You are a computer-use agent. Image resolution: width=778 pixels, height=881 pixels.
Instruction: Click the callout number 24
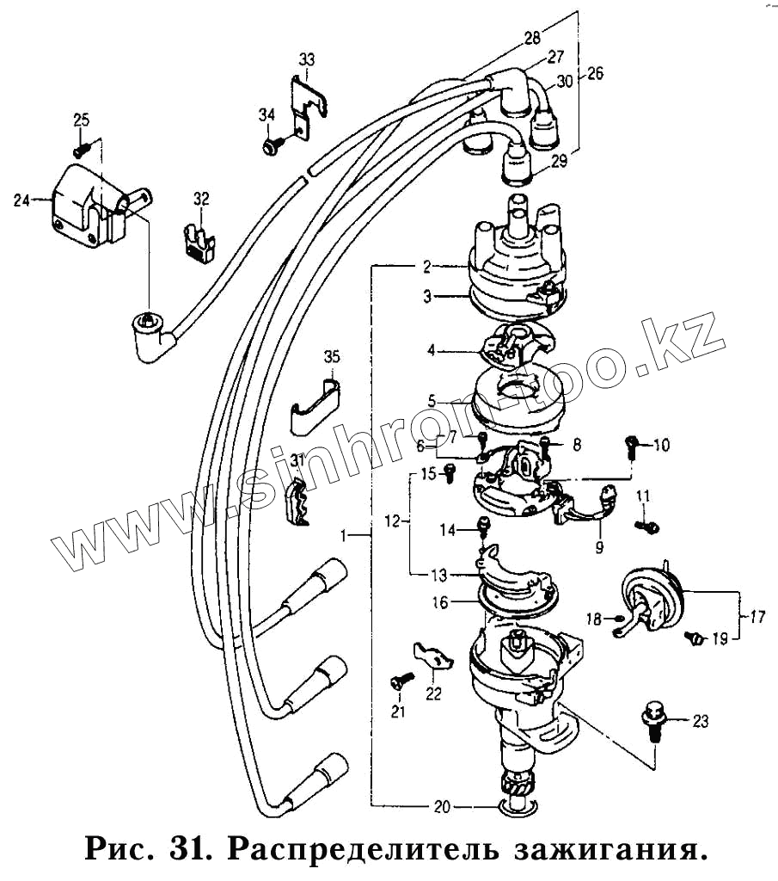pyautogui.click(x=21, y=200)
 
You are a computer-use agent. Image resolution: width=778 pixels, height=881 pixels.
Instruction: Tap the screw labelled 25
pyautogui.click(x=81, y=149)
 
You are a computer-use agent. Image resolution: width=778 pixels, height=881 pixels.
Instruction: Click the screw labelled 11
pyautogui.click(x=646, y=524)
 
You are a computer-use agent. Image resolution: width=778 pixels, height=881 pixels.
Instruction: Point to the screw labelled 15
pyautogui.click(x=450, y=472)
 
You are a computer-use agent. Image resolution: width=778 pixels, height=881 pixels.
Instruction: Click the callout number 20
pyautogui.click(x=441, y=807)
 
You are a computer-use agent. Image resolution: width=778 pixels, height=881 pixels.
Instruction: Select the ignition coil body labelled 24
pyautogui.click(x=82, y=206)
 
